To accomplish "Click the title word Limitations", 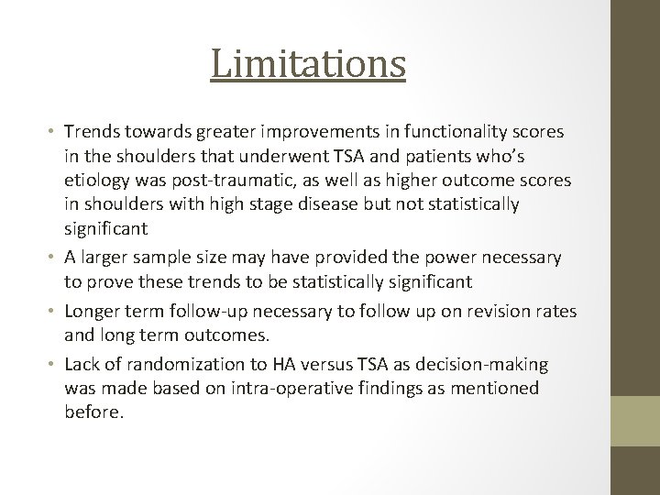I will [x=308, y=63].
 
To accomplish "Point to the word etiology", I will [x=97, y=180].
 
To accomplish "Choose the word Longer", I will [x=93, y=311].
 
